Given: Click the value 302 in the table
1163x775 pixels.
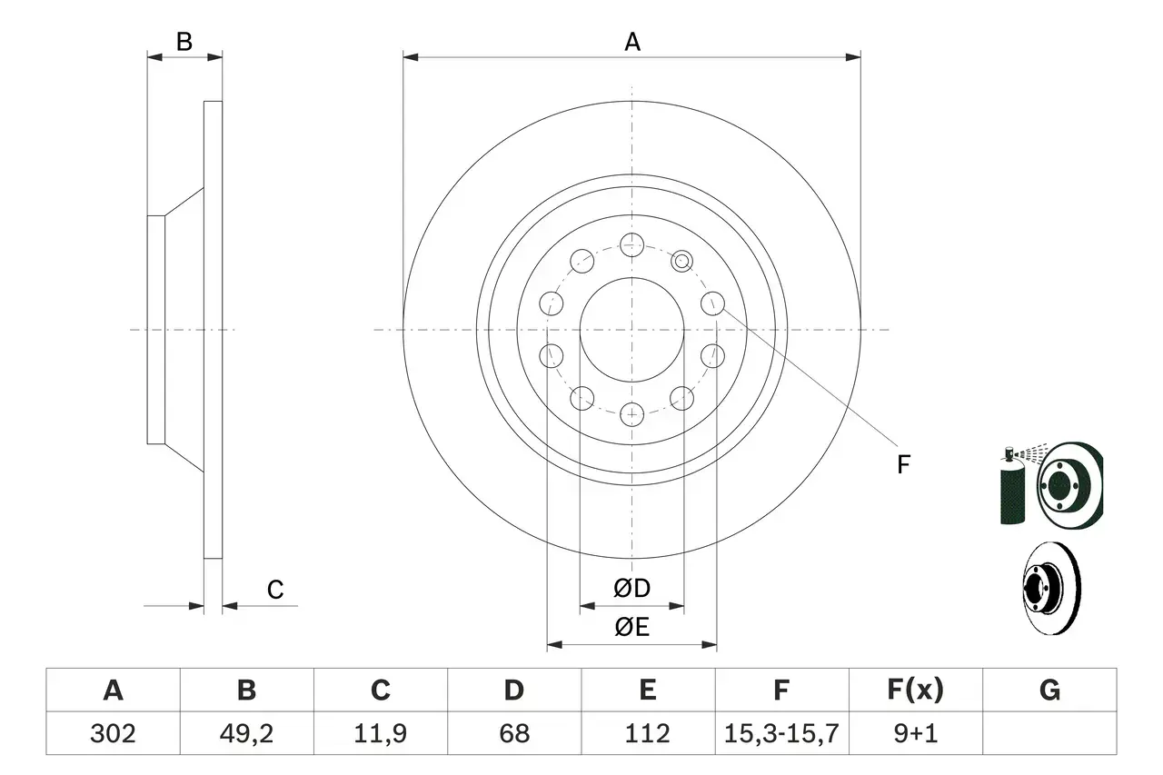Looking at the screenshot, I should [113, 733].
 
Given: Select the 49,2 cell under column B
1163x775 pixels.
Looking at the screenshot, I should [246, 733].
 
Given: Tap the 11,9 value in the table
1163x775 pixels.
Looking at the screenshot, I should [380, 733].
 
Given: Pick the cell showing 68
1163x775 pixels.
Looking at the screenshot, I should [513, 733].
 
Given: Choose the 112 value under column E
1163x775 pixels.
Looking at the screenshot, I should [647, 733].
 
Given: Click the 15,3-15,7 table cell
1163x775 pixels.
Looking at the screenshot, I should [781, 733].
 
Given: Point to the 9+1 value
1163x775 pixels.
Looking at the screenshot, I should [915, 733].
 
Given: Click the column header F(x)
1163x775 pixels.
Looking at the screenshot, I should [915, 691].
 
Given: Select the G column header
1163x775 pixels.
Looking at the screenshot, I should [1049, 691].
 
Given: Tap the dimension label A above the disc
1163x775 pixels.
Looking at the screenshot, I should [631, 42].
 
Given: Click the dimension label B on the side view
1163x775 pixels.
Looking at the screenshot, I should [184, 42].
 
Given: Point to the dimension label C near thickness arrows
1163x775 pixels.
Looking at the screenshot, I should [274, 591].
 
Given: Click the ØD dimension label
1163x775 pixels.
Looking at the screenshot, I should [631, 589].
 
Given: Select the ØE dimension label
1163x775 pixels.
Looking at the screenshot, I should [631, 628].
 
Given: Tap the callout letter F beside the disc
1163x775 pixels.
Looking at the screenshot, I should [902, 465].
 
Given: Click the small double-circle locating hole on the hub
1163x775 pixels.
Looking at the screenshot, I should [682, 262].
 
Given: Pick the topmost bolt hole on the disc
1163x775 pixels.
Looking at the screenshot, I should [631, 243].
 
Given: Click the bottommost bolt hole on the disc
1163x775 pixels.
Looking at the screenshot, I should [631, 414].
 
